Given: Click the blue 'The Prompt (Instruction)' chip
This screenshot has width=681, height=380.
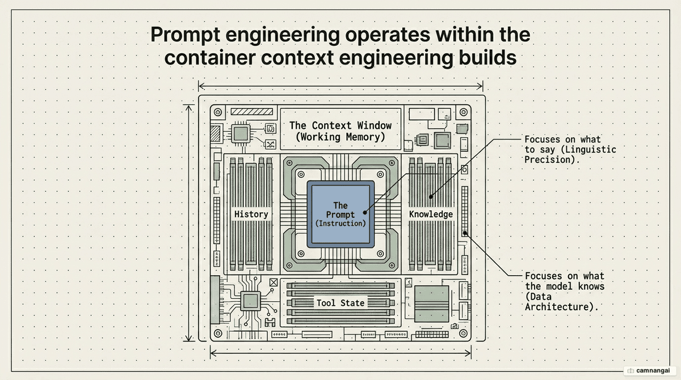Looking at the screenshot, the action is [340, 214].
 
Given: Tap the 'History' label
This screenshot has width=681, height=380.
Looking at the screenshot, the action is [251, 214].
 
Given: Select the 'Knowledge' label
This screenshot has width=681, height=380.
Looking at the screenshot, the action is [431, 214].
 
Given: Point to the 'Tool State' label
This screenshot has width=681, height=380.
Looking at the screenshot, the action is [340, 303].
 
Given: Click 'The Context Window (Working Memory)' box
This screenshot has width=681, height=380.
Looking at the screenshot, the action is [340, 129].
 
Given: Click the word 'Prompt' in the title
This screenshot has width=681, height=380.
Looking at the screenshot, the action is [185, 36].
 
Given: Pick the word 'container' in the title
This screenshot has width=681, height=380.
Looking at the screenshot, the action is [209, 58].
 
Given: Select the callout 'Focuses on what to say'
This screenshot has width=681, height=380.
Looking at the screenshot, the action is [570, 150].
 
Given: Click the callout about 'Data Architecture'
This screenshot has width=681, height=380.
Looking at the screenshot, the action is [565, 292].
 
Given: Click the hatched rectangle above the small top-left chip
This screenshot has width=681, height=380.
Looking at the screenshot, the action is [252, 112].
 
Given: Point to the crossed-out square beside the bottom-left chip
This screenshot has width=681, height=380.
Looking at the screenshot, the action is [274, 282].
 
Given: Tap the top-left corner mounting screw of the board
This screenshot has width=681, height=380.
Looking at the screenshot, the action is [218, 112].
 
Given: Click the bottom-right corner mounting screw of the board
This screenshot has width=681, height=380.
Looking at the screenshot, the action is [463, 333].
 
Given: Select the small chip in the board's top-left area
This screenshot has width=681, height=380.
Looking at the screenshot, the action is [241, 133].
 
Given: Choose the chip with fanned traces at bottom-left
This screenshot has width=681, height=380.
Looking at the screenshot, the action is [250, 301].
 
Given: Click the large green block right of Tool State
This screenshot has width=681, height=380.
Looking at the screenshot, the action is [432, 304].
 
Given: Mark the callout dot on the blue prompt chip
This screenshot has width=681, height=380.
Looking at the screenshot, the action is [365, 213].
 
